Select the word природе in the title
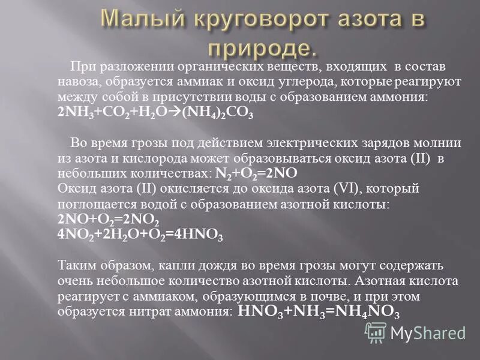pyautogui.click(x=262, y=48)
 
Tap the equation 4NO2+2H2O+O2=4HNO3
pyautogui.click(x=141, y=234)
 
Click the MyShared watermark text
pyautogui.click(x=429, y=332)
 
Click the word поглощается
pyautogui.click(x=92, y=205)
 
